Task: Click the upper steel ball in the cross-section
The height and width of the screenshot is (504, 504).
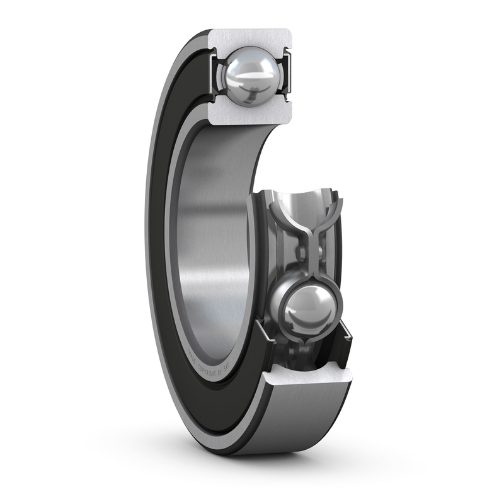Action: [x=248, y=76]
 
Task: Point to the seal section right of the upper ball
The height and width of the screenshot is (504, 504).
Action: [x=289, y=76]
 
